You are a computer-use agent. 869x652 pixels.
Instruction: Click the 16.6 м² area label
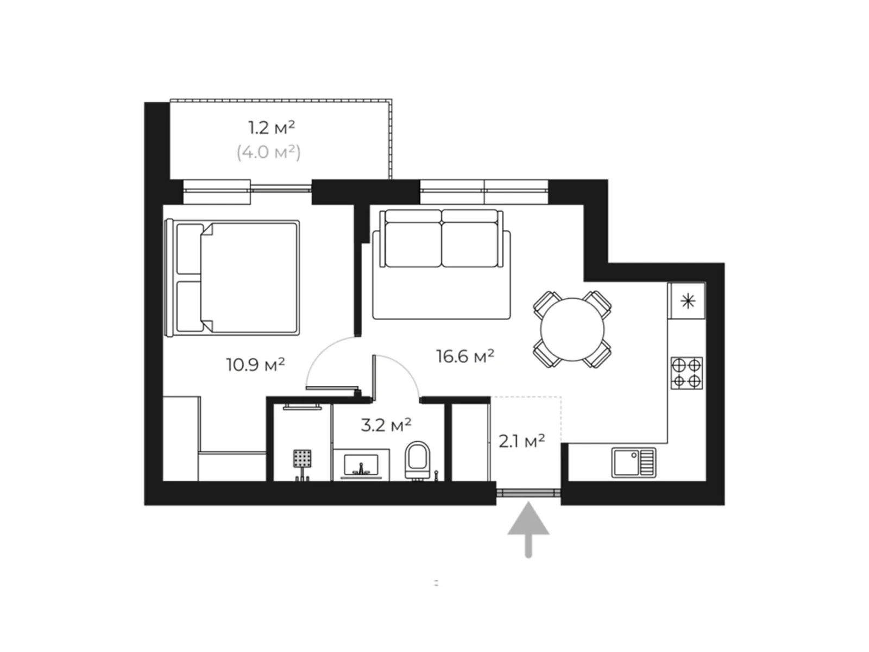465,356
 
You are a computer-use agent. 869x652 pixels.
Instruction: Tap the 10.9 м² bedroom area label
255,365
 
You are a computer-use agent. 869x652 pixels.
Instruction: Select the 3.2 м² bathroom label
386,425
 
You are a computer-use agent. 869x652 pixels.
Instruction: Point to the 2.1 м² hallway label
521,441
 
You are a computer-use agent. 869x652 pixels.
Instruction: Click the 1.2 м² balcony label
272,128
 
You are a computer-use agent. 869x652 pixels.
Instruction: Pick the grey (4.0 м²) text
269,153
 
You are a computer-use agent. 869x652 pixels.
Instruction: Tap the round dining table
572,329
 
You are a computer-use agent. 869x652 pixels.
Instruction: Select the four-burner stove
687,373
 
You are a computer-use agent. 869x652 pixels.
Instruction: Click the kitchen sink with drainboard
633,462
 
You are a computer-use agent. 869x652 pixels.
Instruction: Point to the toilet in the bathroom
417,460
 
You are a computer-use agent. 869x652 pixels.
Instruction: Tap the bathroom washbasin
361,465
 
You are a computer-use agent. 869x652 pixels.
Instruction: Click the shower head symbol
302,458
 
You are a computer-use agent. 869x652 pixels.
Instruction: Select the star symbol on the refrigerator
688,302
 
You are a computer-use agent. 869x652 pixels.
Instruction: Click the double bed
232,278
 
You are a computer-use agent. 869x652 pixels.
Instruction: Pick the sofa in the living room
442,265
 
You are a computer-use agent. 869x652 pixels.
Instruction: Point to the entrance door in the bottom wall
528,493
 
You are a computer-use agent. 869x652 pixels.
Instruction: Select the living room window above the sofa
484,192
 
